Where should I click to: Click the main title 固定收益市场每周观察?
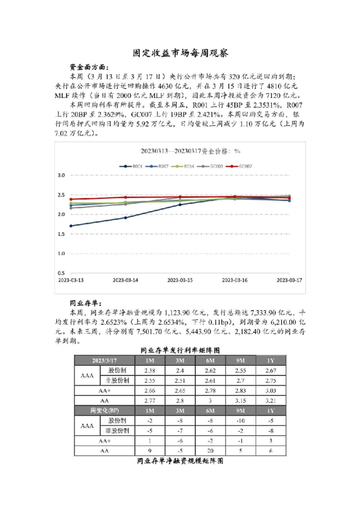click(180, 53)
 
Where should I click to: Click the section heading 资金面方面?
click(87, 68)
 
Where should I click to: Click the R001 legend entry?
click(133, 166)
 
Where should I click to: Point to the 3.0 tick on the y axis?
click(61, 175)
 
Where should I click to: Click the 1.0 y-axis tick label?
click(61, 253)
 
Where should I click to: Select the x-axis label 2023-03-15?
click(180, 280)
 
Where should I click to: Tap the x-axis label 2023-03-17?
click(289, 280)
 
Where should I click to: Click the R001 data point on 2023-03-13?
click(71, 226)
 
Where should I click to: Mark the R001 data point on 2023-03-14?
click(126, 218)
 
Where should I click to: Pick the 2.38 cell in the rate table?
click(151, 370)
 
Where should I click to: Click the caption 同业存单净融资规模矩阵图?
click(180, 461)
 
